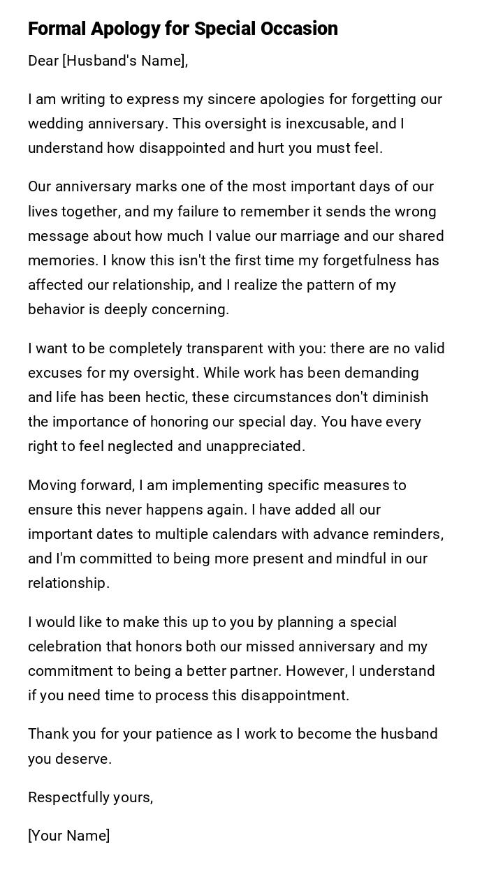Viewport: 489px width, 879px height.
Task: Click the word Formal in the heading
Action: [x=57, y=29]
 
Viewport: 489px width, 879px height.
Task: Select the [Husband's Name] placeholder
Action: [x=125, y=61]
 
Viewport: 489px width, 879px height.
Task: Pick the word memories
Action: [x=62, y=260]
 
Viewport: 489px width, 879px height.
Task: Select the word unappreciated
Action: [x=256, y=446]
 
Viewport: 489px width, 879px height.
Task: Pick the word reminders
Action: [x=407, y=534]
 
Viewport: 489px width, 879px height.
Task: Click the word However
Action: [x=316, y=671]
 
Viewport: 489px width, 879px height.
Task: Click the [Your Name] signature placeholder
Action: [x=68, y=836]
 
